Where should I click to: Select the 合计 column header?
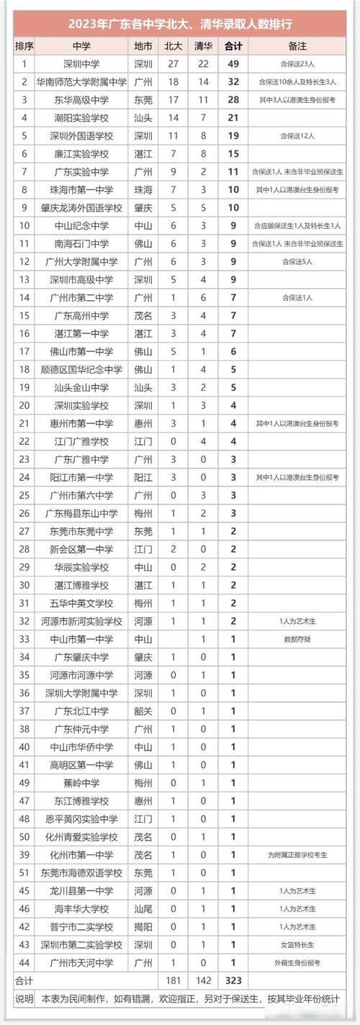tap(233, 45)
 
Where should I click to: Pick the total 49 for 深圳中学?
tap(233, 63)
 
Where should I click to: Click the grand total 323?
tap(233, 980)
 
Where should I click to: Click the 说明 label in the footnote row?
tap(24, 999)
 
